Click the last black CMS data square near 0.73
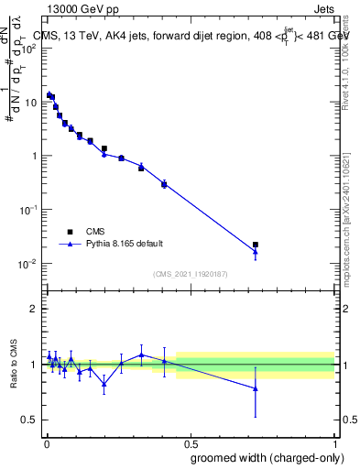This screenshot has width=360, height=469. click(x=256, y=245)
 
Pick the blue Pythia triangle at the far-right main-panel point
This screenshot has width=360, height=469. click(x=256, y=252)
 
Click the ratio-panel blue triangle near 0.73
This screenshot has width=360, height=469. click(x=256, y=388)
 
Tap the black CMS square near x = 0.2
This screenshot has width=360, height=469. click(x=104, y=148)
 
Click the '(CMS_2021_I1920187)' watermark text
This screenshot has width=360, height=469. click(x=190, y=274)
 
